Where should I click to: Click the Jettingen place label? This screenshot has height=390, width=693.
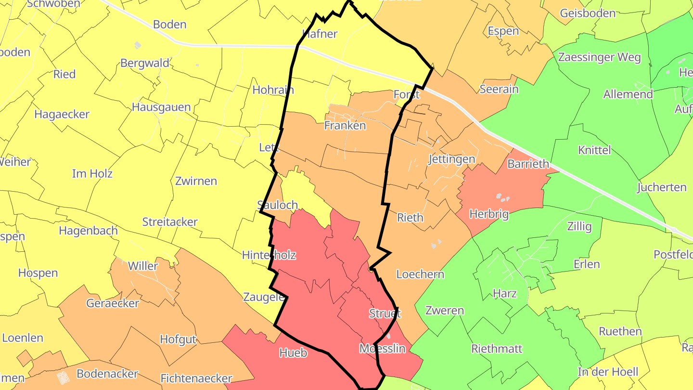(451, 159)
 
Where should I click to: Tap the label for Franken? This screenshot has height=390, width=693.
(345, 126)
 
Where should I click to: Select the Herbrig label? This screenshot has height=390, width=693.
(489, 214)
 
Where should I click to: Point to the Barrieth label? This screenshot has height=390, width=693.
(528, 164)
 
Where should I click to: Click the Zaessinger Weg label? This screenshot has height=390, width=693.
(599, 58)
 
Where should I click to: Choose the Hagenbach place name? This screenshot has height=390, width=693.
(88, 231)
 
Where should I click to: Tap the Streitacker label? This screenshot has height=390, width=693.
(170, 222)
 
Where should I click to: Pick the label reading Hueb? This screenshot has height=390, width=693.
(293, 353)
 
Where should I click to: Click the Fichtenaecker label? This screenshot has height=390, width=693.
(196, 378)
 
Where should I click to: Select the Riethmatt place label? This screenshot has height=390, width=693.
(497, 349)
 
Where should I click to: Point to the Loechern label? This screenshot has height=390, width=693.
(420, 274)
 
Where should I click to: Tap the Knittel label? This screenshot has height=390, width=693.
(594, 150)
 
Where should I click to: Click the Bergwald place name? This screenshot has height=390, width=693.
(145, 63)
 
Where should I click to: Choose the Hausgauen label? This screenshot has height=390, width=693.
(161, 107)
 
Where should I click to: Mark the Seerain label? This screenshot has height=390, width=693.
(499, 89)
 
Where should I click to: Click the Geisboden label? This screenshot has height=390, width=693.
(588, 13)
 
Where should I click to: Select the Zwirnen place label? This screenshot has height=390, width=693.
(196, 182)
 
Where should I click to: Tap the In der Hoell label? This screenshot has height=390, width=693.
(608, 372)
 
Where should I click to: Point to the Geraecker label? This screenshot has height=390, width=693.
(113, 303)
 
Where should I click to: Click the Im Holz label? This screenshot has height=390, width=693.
(92, 174)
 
